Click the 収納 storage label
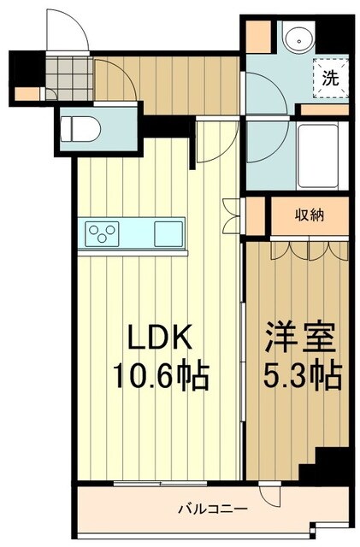(x=310, y=215)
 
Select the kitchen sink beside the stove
(x=168, y=232)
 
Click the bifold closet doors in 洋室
(x=298, y=250)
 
